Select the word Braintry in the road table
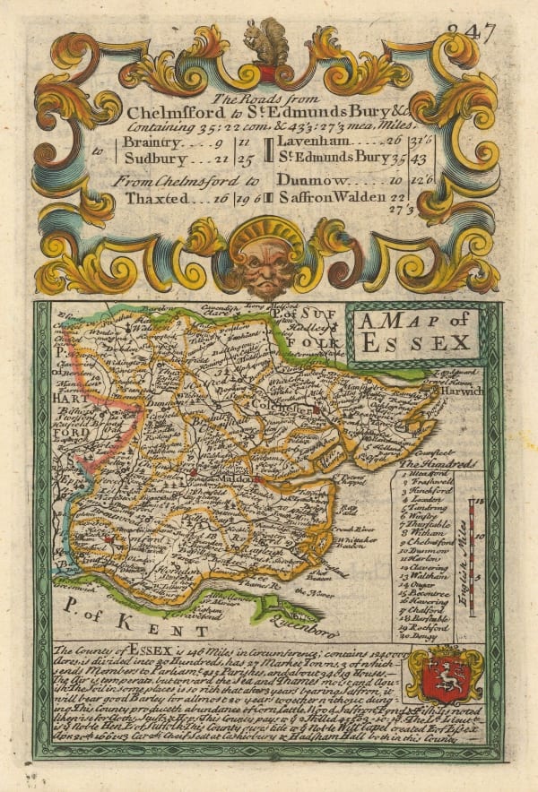[x=153, y=142]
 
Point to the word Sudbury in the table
[x=153, y=159]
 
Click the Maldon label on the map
[x=238, y=482]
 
